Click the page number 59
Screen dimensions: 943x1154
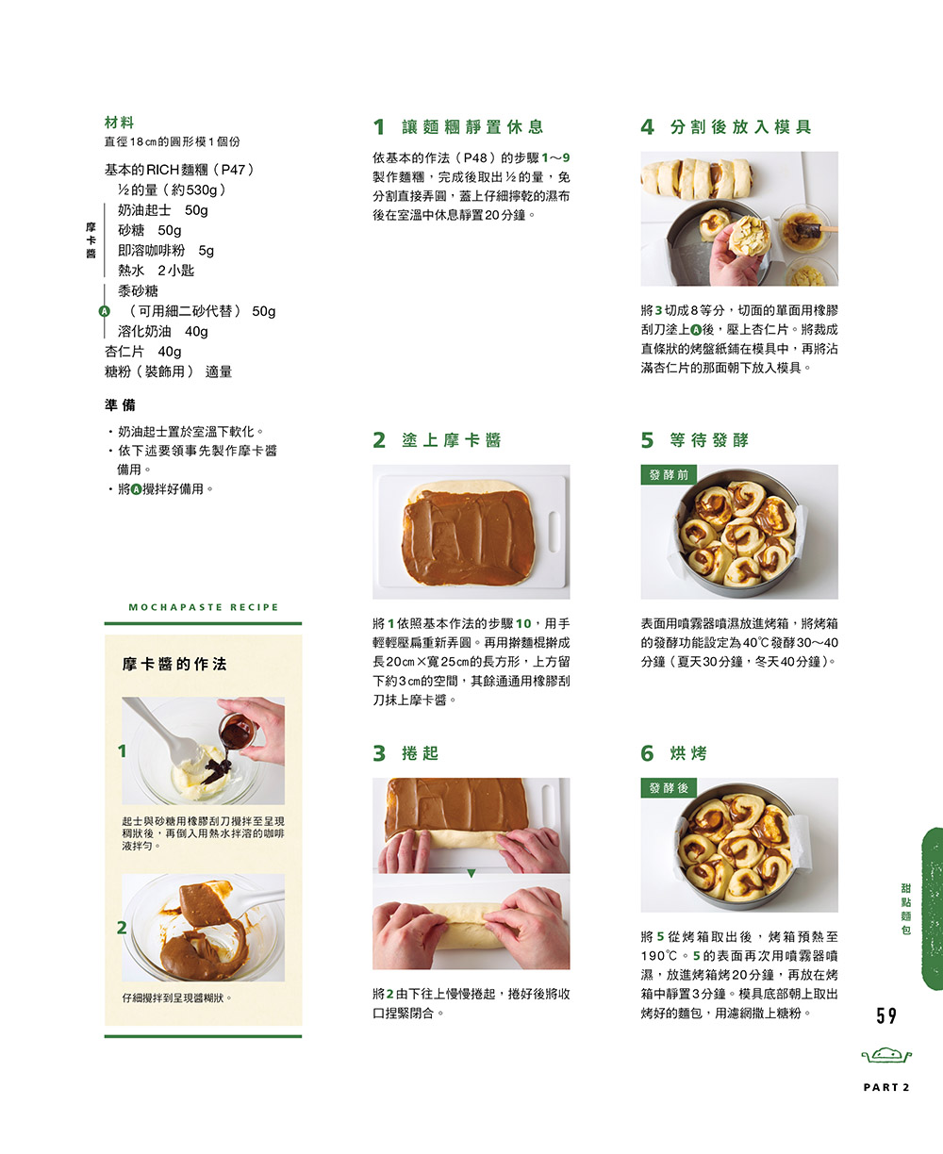pos(886,1015)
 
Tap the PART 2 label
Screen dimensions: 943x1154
pos(886,1087)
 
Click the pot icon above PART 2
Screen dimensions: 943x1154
pos(886,1054)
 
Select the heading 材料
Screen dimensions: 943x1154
pos(120,122)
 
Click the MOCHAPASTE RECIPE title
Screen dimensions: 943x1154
pos(203,607)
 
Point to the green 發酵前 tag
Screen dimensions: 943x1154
pos(669,474)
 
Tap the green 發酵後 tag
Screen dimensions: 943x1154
pos(669,788)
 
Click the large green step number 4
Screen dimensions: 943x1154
pos(648,127)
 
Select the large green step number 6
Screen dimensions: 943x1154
pos(648,753)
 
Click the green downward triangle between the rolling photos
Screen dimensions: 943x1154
pos(471,873)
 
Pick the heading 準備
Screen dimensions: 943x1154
pos(120,404)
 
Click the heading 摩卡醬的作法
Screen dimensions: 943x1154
pos(174,665)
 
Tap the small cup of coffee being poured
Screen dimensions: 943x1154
pos(238,732)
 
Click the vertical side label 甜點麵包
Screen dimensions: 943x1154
pos(906,909)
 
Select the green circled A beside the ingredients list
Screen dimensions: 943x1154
pos(104,311)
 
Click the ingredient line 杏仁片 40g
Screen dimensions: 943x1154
pos(142,352)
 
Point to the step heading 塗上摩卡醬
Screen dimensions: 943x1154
pos(452,440)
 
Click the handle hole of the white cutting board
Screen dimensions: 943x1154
pos(554,532)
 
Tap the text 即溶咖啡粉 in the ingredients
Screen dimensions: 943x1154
pos(152,251)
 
